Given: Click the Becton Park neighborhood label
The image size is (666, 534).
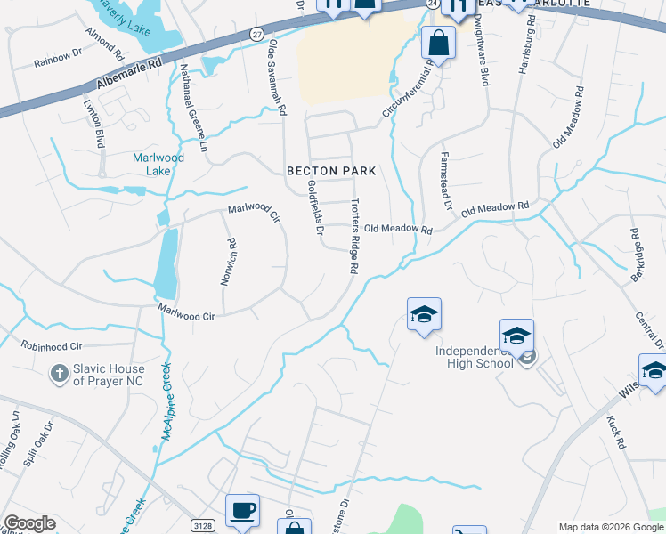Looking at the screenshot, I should point(331,170).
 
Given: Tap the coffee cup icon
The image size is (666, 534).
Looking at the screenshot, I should point(242,511).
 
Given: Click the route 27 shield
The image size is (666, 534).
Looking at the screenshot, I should point(256,34).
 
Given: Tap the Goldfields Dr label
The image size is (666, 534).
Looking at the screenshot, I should point(313,208).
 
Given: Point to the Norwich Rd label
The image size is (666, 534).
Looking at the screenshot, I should point(229,262).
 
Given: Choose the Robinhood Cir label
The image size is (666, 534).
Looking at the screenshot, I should point(52,344).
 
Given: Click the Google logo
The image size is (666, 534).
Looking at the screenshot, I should point(29,523).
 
